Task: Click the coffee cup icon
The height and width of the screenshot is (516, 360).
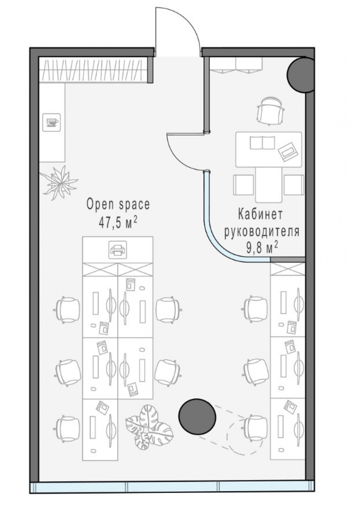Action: (x=51, y=122)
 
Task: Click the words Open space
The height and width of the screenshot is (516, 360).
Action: (x=118, y=204)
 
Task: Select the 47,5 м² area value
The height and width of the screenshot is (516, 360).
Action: (x=118, y=223)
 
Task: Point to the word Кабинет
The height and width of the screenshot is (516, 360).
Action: (x=260, y=214)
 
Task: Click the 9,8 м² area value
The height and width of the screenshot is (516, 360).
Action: (x=262, y=249)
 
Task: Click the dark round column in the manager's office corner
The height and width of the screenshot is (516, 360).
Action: (x=300, y=74)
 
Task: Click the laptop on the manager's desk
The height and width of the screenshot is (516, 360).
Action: (x=288, y=151)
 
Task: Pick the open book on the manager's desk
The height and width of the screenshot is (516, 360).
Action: (x=262, y=142)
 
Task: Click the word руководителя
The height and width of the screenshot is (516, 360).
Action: (x=262, y=231)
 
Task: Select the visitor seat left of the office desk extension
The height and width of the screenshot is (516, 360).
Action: (x=243, y=185)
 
